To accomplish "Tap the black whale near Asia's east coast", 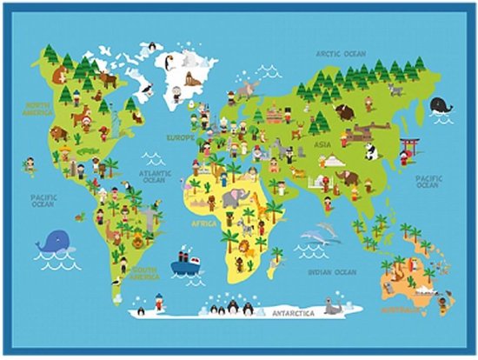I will (x=441, y=105).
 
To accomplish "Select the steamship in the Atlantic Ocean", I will (x=184, y=263).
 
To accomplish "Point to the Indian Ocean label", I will (x=333, y=272).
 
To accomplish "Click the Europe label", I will (x=181, y=137).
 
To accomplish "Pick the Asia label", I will (x=322, y=144).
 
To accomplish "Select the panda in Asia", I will (x=370, y=153).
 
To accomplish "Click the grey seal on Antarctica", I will (x=331, y=307).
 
